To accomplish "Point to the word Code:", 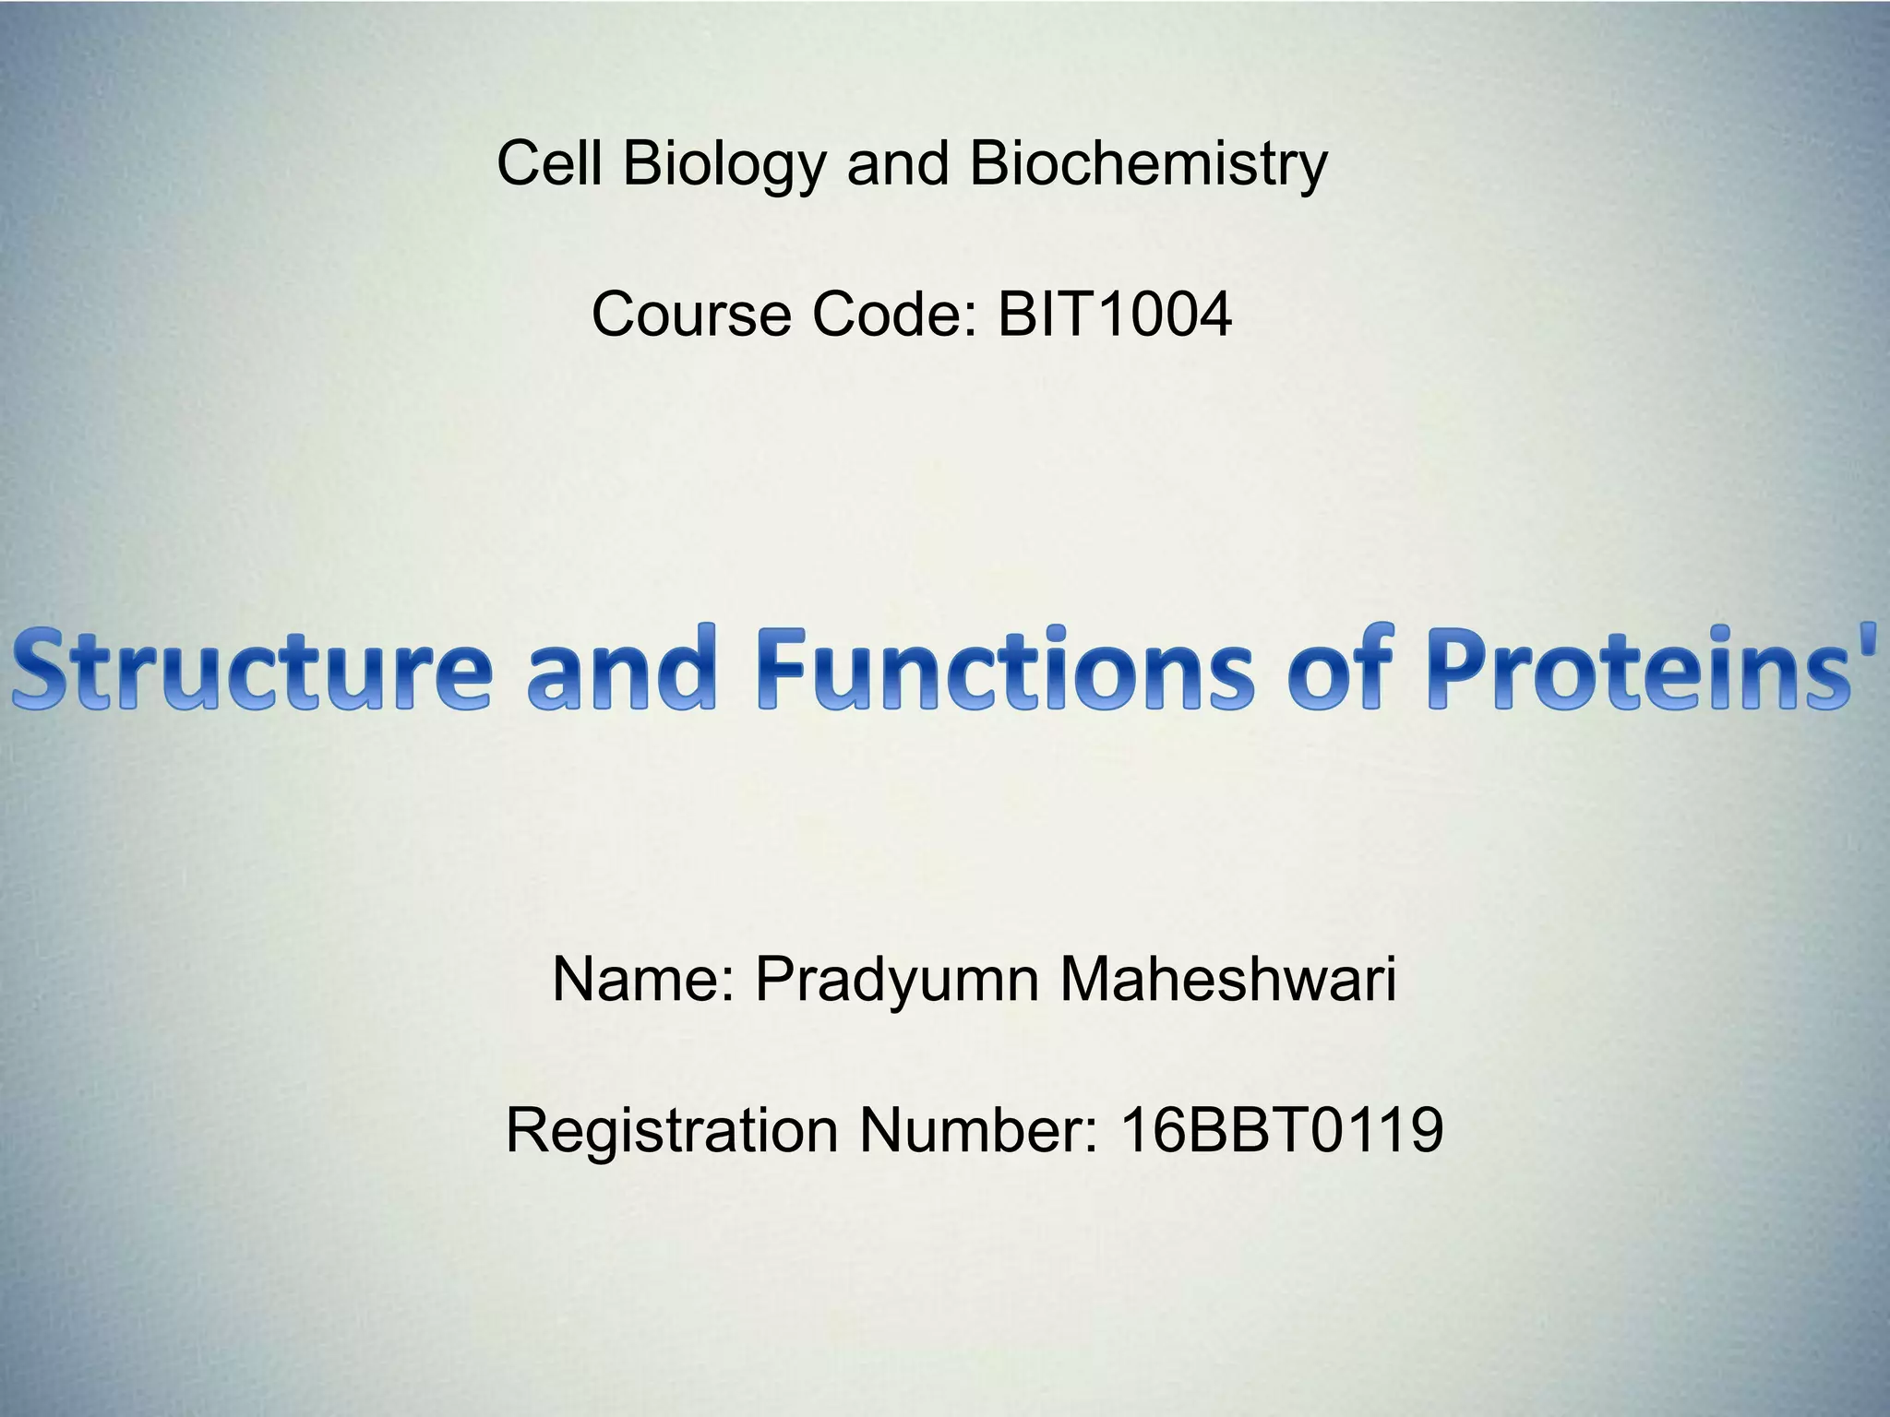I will pos(893,315).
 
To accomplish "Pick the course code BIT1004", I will pos(1114,315).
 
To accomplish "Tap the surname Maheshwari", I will pos(1227,979).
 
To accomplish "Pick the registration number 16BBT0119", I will pos(1281,1130).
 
